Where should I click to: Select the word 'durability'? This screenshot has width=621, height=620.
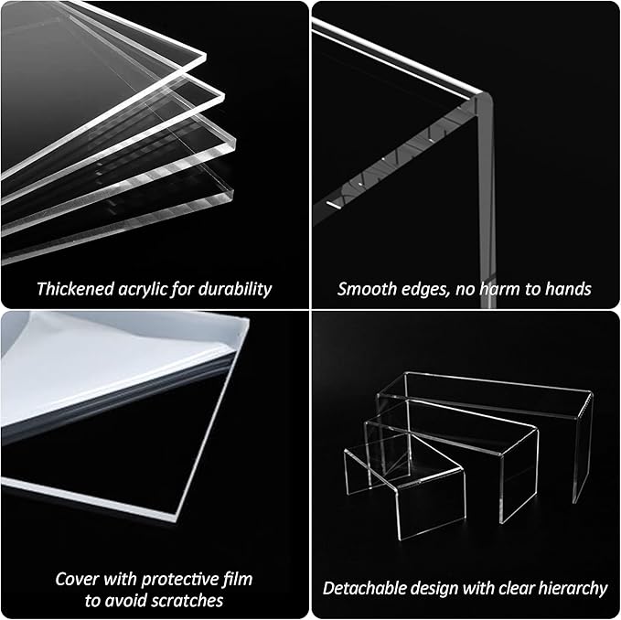click(237, 289)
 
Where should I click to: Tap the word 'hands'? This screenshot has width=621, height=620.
click(568, 289)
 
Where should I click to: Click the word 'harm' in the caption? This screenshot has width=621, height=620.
click(501, 289)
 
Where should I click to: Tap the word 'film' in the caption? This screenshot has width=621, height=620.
click(235, 579)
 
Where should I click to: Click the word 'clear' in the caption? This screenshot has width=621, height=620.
click(519, 588)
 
